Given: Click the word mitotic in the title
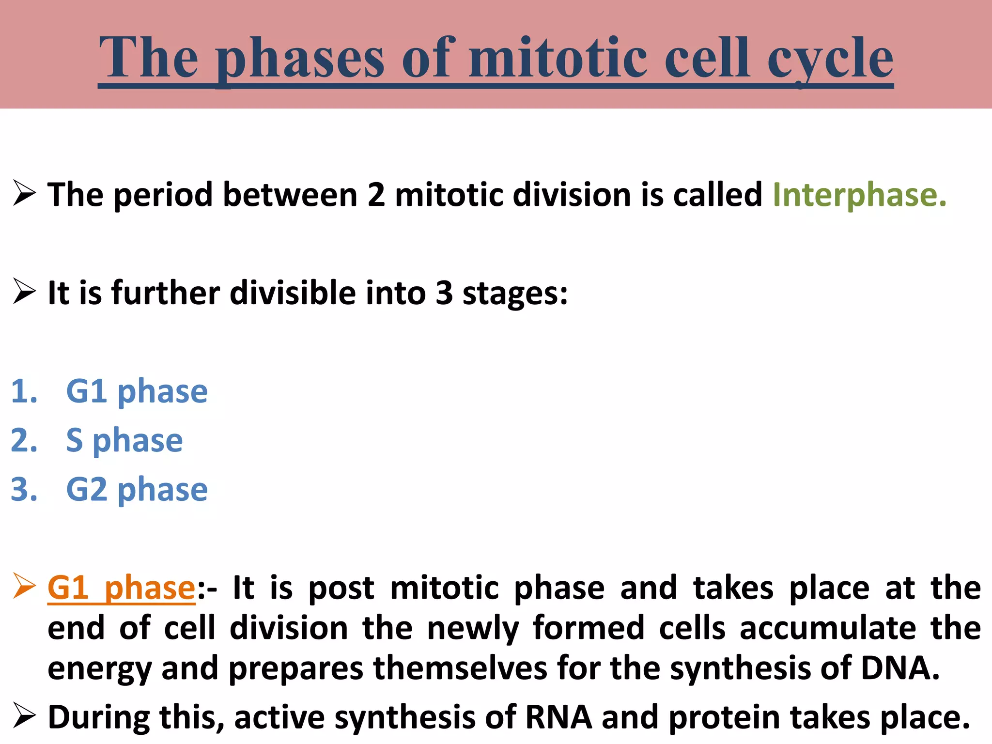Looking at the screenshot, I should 558,58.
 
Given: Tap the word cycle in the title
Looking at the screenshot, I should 830,58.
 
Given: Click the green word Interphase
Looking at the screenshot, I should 859,195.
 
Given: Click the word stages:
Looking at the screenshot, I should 515,293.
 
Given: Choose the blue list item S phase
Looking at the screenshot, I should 124,440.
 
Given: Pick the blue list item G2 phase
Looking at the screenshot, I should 137,489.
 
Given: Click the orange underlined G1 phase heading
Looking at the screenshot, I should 121,588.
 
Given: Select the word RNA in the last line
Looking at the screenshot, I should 558,717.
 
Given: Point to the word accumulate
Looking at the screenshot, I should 828,628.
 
